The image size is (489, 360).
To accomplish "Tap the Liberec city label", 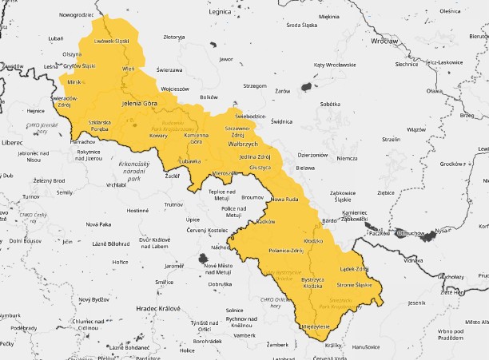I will [14, 142].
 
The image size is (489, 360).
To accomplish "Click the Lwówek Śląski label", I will [111, 40].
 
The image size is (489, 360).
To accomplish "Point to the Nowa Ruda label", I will [284, 199].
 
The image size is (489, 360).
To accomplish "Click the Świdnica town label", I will [282, 121].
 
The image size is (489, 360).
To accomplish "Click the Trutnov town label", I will [173, 205].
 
